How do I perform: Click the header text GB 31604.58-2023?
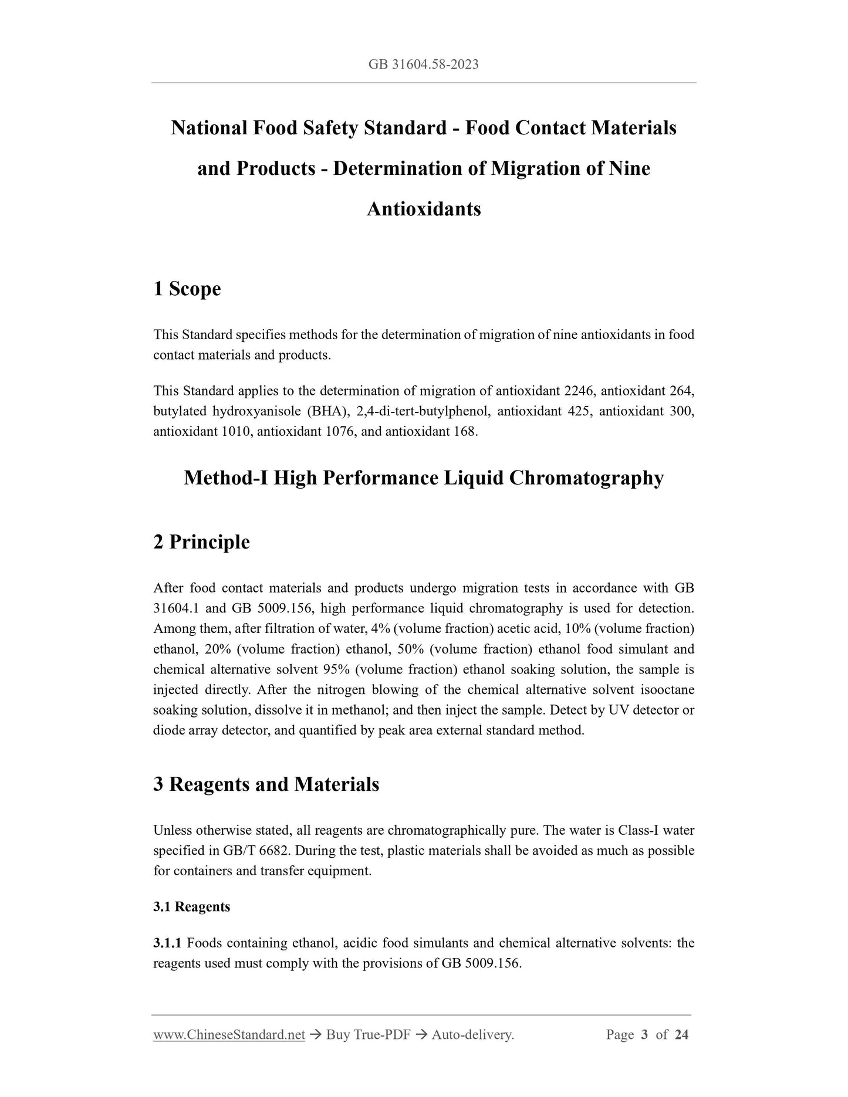(423, 65)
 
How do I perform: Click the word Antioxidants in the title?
(423, 209)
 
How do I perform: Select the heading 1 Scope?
(187, 289)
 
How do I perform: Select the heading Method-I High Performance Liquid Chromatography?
(423, 478)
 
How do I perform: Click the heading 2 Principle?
(201, 541)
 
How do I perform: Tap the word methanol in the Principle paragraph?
(359, 710)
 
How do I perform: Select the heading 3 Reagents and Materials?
(266, 784)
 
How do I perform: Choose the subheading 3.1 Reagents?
(191, 907)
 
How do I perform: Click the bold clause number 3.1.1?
(167, 943)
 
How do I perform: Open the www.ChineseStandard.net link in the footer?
(229, 1035)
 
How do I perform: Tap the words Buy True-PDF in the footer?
(368, 1035)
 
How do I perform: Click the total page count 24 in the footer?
(681, 1035)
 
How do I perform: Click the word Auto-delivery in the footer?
(472, 1035)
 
